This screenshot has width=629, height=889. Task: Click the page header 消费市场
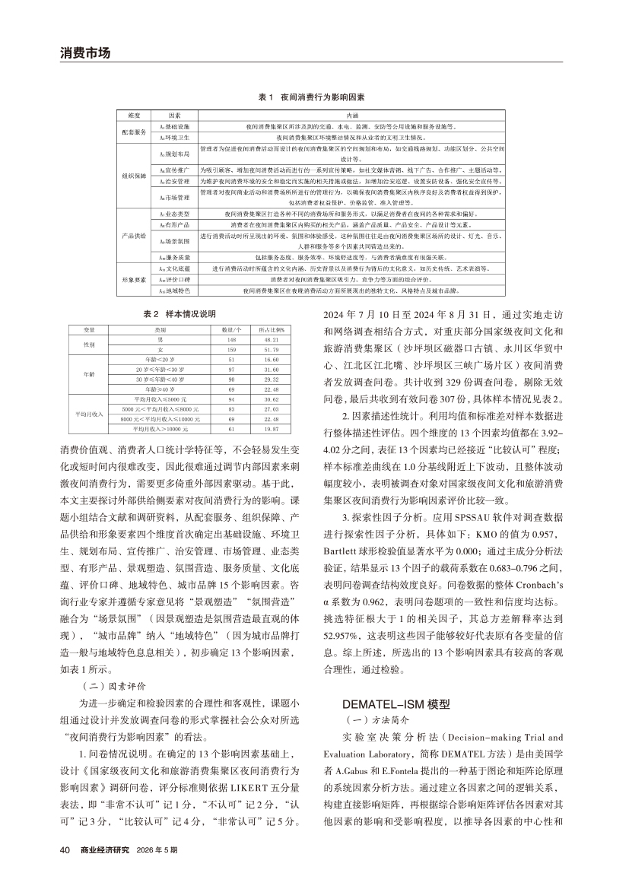85,53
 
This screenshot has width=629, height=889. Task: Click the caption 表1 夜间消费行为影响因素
311,98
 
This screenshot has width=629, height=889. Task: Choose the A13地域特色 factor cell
173,291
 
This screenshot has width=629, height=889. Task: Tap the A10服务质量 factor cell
173,258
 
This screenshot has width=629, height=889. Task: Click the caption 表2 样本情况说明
179,313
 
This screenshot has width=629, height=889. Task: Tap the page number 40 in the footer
65,871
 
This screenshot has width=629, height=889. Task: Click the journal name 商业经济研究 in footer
105,871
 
